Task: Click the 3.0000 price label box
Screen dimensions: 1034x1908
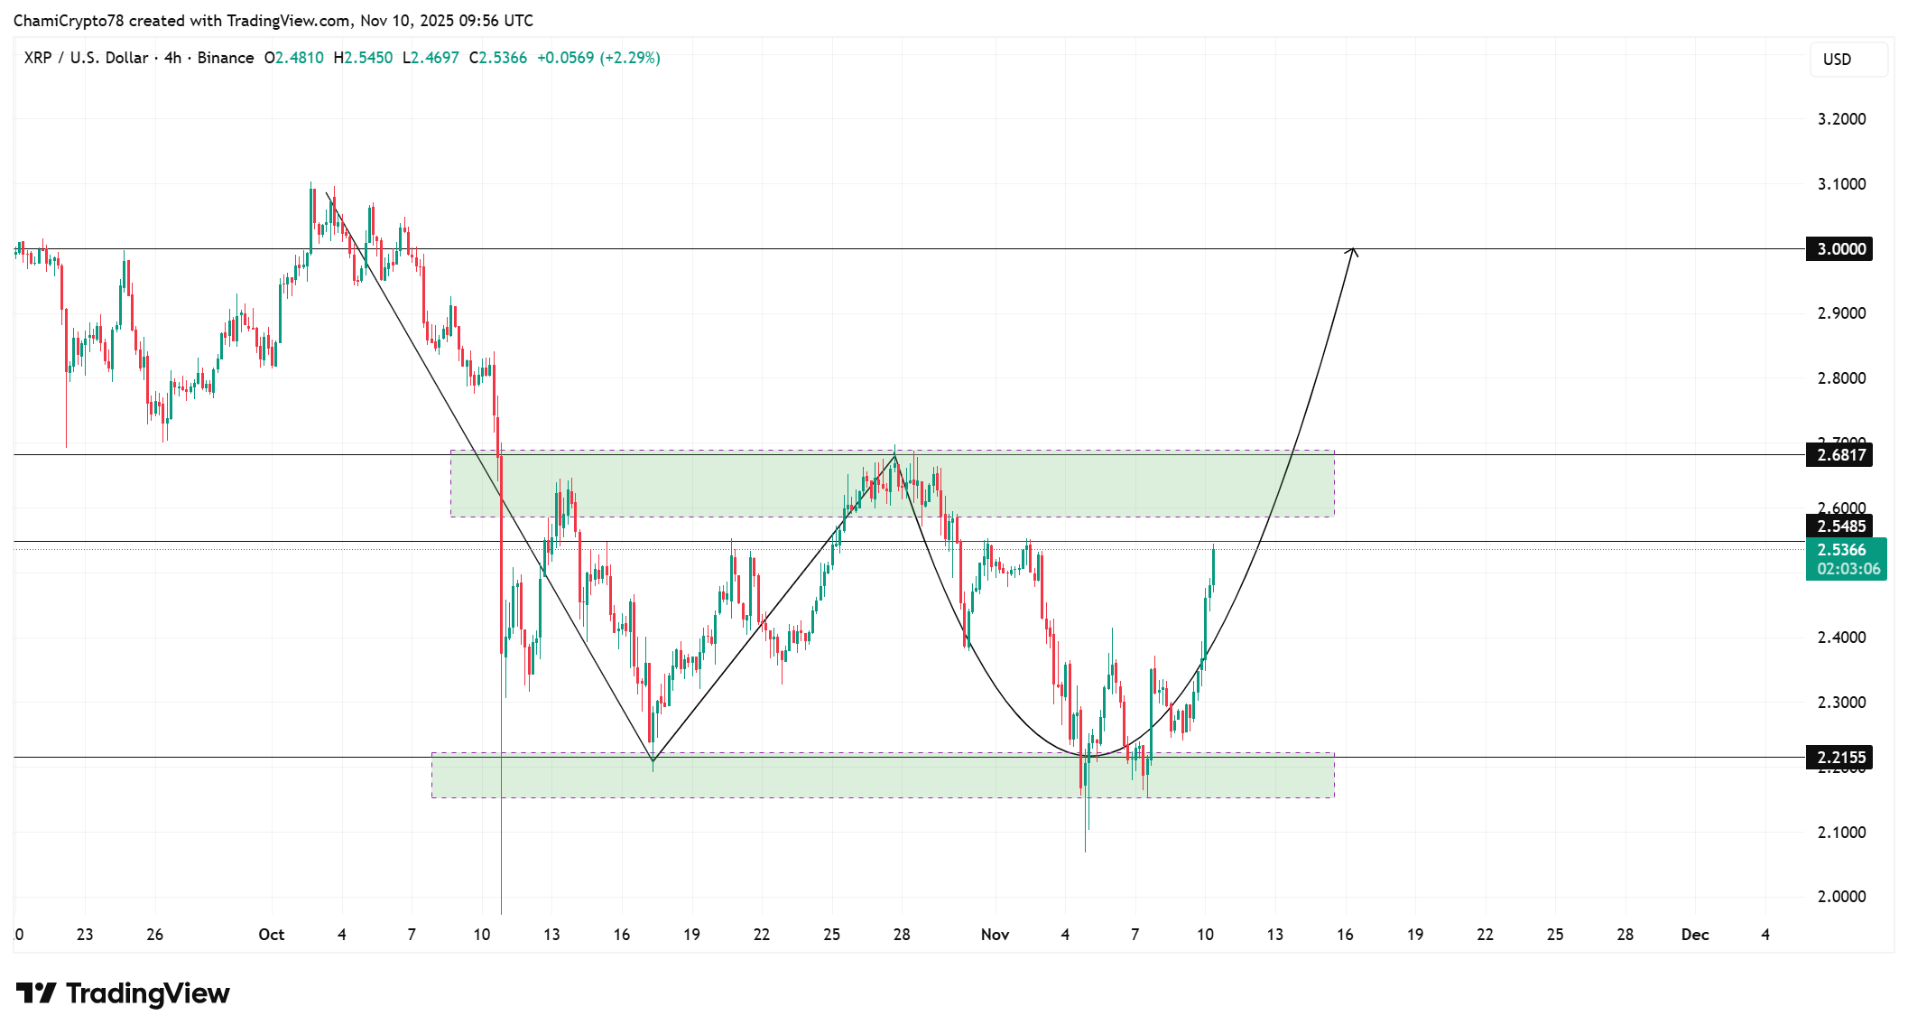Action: click(1839, 249)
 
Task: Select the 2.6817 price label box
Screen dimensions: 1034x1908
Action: click(1839, 455)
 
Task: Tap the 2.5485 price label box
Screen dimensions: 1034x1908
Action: click(1839, 526)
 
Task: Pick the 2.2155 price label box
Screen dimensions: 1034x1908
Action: click(1839, 758)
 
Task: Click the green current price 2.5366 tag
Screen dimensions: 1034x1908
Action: click(1845, 559)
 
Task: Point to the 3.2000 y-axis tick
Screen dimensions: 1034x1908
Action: click(1841, 119)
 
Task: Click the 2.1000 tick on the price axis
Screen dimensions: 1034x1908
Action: click(1841, 833)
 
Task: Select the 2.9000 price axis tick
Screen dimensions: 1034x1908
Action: click(1841, 313)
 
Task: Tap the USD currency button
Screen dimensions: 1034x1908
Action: click(1848, 60)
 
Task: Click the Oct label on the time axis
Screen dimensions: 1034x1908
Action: click(271, 935)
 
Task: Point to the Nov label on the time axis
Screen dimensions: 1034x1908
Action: click(995, 935)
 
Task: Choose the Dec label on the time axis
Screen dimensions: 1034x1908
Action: click(1695, 935)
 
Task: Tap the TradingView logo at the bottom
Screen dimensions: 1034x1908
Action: click(123, 993)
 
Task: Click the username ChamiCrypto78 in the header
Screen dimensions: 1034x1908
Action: click(69, 21)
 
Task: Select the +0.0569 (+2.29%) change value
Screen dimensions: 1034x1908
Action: click(598, 58)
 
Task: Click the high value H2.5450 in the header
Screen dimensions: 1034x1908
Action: click(363, 58)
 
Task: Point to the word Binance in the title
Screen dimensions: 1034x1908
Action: click(226, 58)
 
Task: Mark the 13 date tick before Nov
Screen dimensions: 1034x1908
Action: click(551, 935)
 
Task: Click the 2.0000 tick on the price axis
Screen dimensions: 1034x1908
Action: click(1841, 897)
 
